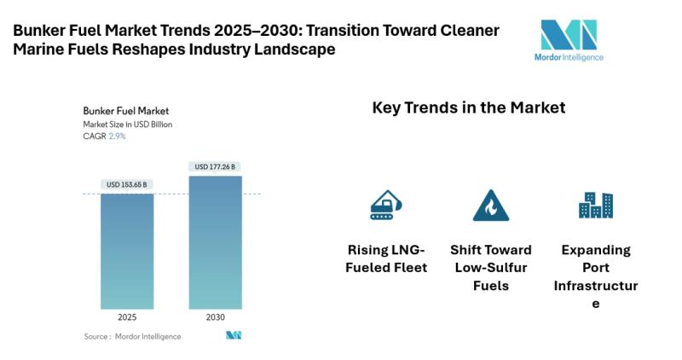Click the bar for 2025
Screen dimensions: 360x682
(127, 252)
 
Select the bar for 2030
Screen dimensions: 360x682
(216, 242)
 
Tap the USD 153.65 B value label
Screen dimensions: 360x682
(127, 184)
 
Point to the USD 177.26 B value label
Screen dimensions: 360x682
(216, 166)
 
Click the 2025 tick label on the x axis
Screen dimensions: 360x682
(127, 317)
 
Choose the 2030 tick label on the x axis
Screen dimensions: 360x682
(216, 317)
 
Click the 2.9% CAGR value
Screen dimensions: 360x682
(117, 136)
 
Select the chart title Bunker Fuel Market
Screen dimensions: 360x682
(125, 111)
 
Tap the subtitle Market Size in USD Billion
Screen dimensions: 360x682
(128, 125)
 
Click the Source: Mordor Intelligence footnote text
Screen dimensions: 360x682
(132, 336)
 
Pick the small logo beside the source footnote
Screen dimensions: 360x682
(234, 335)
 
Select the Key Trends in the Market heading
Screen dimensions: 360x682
(469, 108)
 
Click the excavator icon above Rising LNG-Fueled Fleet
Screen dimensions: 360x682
(385, 205)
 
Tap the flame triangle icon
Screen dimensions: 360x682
(490, 206)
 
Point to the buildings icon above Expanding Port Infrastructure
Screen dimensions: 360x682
(595, 205)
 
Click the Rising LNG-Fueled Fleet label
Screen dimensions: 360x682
(386, 258)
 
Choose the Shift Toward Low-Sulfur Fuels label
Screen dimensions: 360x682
(490, 267)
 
